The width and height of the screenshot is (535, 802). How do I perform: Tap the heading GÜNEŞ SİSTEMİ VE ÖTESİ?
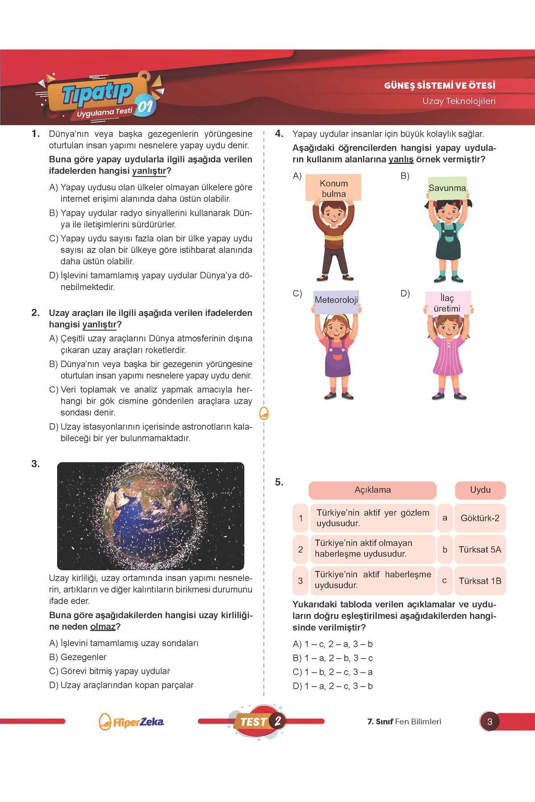pos(440,86)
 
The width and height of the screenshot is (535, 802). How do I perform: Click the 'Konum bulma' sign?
pos(333,188)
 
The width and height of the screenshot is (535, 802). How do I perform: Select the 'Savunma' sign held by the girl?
pos(447,188)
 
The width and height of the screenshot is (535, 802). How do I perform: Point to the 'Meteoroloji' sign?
pos(336,300)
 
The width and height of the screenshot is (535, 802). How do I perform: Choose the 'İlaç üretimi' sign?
pos(447,303)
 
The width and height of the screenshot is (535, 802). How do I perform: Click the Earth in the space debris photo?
pos(144,516)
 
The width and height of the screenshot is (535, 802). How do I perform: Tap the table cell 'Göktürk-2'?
pos(480,518)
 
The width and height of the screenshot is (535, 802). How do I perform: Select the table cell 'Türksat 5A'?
pos(480,549)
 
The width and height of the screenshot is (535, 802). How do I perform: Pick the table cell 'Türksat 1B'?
pos(480,581)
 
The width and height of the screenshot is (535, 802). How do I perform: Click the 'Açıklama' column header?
pos(372,490)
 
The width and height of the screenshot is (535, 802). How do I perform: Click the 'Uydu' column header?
pos(480,490)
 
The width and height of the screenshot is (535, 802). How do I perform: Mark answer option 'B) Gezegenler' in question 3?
pos(78,657)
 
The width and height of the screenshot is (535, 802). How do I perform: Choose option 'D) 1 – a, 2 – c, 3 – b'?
pos(333,686)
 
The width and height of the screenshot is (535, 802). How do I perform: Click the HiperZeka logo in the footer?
pos(132,722)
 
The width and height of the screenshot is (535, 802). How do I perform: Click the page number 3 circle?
pos(490,722)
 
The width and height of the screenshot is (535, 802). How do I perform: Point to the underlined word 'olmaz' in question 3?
pos(103,627)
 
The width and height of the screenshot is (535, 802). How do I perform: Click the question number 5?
pos(279,482)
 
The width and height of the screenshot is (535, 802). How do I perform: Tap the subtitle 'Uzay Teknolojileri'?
pos(459,101)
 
